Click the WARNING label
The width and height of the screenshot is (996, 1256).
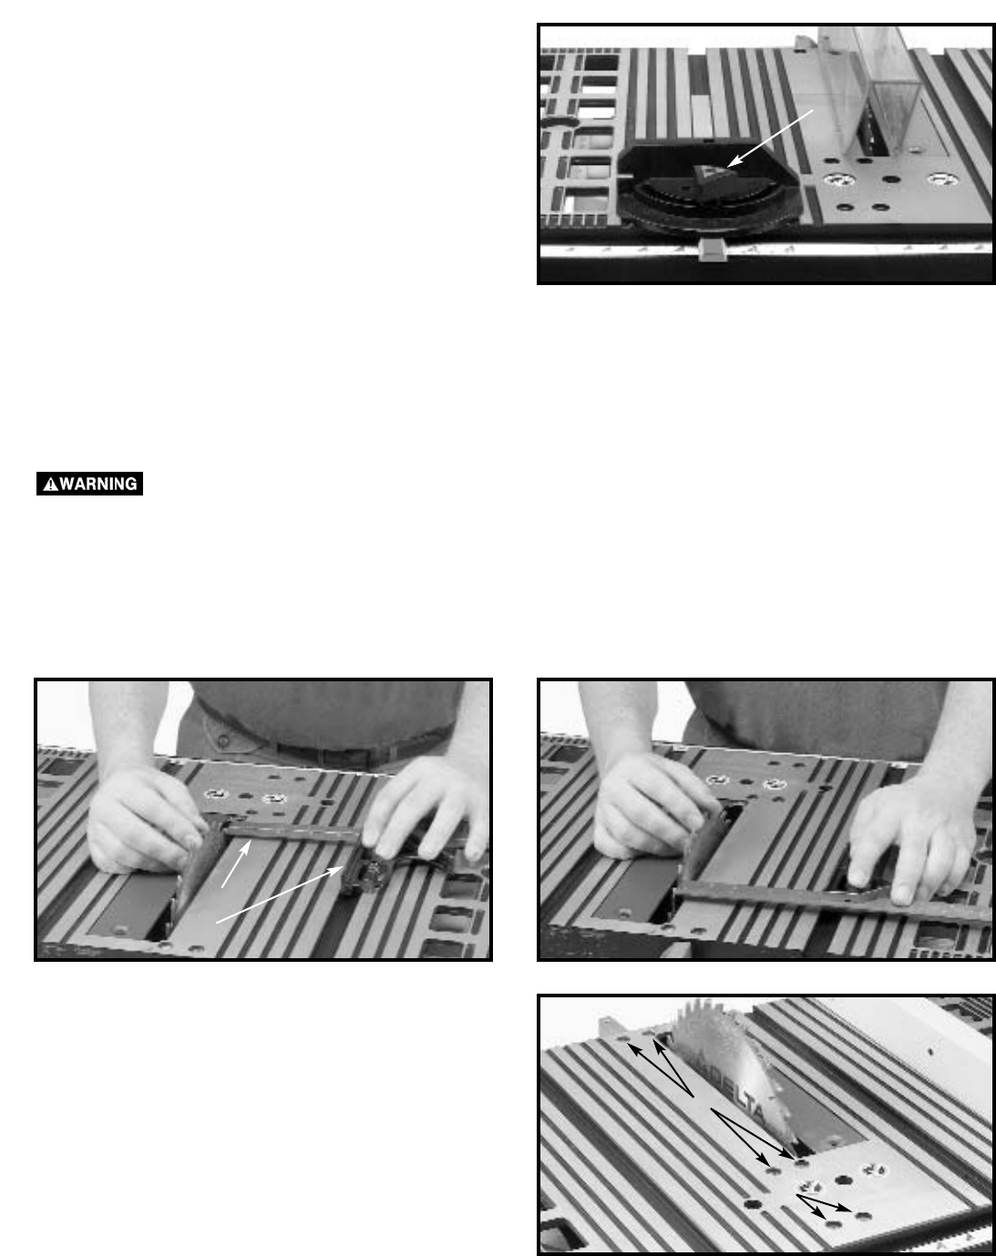point(89,484)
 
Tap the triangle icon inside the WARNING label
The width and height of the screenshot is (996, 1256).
point(50,484)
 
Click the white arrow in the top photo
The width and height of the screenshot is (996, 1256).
point(770,138)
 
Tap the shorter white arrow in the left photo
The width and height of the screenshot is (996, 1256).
point(236,863)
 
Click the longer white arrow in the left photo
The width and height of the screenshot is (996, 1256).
point(280,894)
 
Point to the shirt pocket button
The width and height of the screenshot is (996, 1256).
point(223,740)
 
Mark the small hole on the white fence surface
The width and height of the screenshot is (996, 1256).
point(930,1053)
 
